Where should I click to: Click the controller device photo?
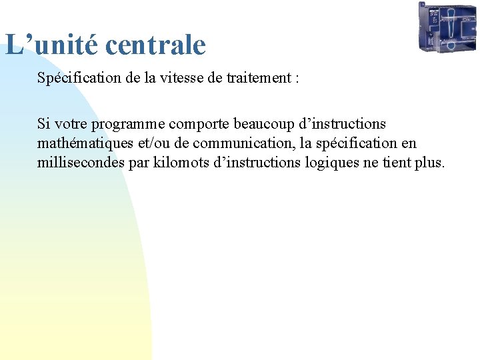(447, 27)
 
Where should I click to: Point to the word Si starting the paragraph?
(43, 124)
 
